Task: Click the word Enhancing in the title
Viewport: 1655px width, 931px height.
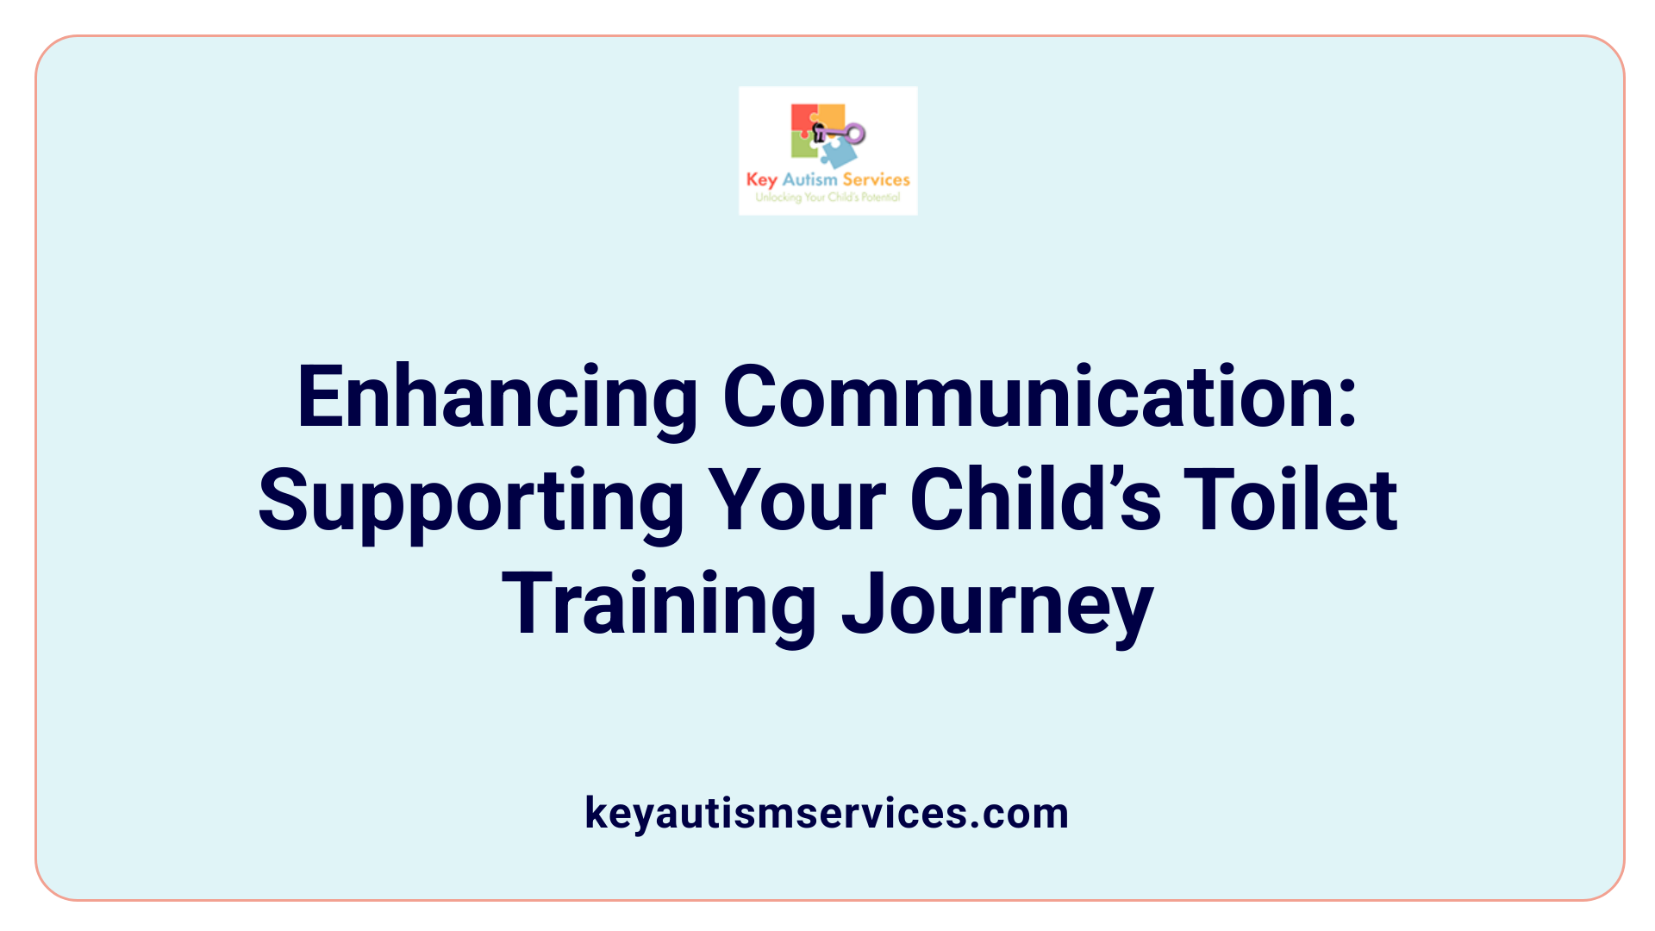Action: click(x=496, y=397)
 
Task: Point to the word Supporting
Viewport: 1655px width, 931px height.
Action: click(x=471, y=502)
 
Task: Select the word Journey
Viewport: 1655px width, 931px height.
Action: click(x=997, y=605)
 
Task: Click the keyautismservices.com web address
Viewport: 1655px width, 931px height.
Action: click(x=827, y=813)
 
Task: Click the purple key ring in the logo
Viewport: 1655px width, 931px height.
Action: click(x=855, y=134)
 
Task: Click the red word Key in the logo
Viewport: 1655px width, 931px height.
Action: click(x=761, y=179)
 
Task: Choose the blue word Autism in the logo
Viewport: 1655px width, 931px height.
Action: click(x=809, y=179)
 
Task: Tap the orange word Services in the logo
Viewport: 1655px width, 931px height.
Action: click(x=876, y=179)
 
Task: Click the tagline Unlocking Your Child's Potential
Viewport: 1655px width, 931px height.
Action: click(x=827, y=197)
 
